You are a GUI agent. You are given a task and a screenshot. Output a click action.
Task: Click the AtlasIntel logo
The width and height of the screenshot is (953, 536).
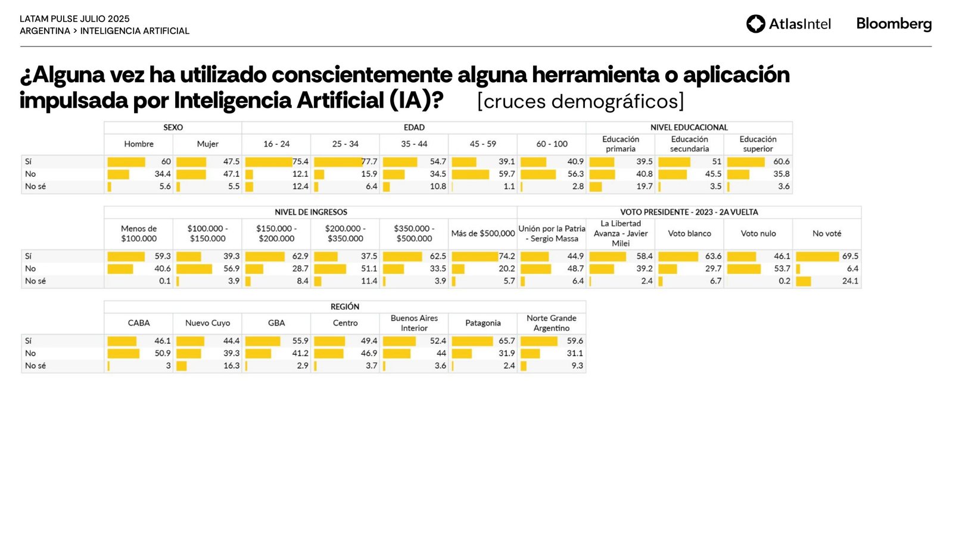[788, 24]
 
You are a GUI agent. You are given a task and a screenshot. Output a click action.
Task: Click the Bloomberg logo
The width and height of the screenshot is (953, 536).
[893, 24]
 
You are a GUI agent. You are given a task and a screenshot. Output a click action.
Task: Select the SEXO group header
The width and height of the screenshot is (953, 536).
[173, 127]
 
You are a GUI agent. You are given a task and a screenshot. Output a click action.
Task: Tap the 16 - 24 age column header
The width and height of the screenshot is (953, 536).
[276, 144]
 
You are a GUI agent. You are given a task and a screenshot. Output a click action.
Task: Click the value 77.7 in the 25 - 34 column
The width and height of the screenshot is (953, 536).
[369, 162]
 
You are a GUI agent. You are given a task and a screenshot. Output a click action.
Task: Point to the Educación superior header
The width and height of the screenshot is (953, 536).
[758, 144]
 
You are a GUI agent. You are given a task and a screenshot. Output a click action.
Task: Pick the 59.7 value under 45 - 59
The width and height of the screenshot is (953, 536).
[506, 174]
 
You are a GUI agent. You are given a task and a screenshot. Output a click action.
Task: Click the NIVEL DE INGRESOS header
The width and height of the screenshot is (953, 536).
[310, 212]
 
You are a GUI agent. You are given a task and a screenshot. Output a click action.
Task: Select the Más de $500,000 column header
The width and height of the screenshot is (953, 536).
[482, 233]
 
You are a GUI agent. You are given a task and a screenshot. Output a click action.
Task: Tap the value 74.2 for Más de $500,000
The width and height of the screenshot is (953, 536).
[507, 257]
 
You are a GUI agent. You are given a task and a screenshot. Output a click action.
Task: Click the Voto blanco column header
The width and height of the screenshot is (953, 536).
[689, 233]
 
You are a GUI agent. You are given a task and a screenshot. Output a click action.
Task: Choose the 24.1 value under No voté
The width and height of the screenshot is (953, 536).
[850, 281]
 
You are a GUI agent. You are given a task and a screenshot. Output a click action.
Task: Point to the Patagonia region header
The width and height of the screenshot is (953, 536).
[482, 323]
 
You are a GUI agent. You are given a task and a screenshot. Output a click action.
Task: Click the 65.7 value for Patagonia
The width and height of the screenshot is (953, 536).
[506, 341]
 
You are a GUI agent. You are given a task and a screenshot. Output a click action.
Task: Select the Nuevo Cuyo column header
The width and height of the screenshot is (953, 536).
[207, 323]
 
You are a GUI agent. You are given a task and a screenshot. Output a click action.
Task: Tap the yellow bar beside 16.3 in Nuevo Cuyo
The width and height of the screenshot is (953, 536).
[182, 366]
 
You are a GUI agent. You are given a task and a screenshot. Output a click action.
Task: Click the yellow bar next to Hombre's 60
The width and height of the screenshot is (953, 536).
[126, 162]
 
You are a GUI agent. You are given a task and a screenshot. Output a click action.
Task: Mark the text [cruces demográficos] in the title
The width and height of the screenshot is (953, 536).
[580, 101]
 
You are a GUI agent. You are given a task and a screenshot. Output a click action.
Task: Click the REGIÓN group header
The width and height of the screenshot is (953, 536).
[345, 307]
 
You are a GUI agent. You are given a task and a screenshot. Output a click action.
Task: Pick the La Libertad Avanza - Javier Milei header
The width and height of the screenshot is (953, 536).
[620, 233]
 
